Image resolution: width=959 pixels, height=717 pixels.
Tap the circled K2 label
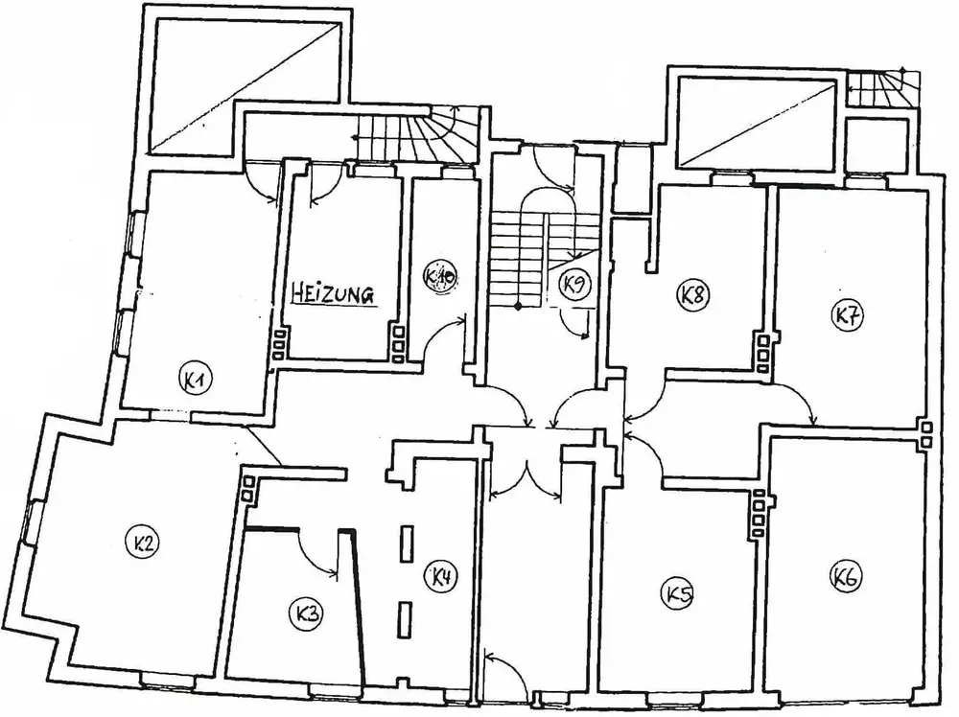pos(145,544)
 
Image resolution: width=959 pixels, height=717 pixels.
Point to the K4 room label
pos(442,578)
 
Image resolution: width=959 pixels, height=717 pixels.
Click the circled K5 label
pos(677,595)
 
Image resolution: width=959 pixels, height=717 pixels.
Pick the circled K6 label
pos(845,577)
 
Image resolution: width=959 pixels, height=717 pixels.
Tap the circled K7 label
pos(845,315)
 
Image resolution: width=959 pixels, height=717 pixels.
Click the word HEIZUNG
pos(331,294)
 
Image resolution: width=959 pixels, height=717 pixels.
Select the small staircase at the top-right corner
pos(883,90)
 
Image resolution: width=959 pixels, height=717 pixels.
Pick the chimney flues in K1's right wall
pos(280,343)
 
